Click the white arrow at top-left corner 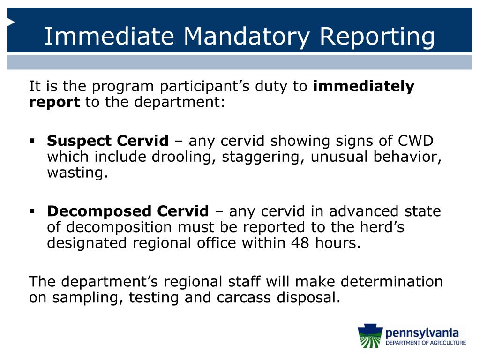[x=11, y=22]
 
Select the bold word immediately [x=363, y=87]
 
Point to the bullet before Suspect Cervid [x=32, y=141]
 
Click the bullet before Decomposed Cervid [x=32, y=211]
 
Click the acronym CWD [x=416, y=141]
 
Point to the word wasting [x=77, y=173]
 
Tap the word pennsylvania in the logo [x=421, y=333]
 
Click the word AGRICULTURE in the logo [x=446, y=343]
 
